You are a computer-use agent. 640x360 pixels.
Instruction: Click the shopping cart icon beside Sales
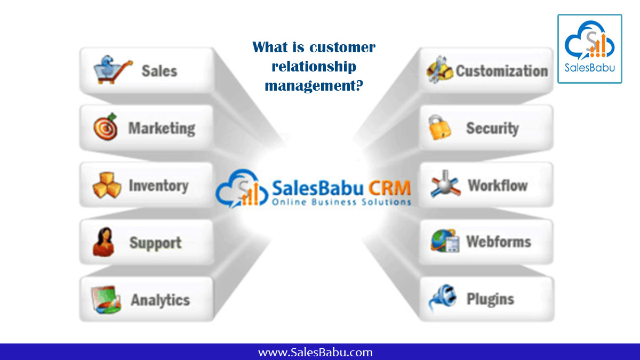pyautogui.click(x=111, y=70)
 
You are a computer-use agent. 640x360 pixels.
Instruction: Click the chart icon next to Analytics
pyautogui.click(x=104, y=299)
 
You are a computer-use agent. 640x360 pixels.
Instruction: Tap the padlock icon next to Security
pyautogui.click(x=440, y=127)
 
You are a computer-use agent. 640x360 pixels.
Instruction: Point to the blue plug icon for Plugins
pyautogui.click(x=442, y=298)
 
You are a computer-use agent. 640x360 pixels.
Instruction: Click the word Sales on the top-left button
pyautogui.click(x=159, y=71)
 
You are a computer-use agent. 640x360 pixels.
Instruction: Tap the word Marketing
pyautogui.click(x=162, y=128)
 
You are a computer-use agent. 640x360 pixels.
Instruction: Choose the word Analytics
pyautogui.click(x=160, y=300)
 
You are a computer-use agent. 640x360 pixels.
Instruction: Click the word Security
pyautogui.click(x=492, y=128)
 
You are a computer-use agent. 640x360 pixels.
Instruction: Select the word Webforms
pyautogui.click(x=499, y=242)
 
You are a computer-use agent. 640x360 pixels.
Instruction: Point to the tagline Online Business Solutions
pyautogui.click(x=341, y=202)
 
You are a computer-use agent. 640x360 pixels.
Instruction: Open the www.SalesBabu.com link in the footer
pyautogui.click(x=315, y=352)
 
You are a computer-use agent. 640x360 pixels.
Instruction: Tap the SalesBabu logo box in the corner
pyautogui.click(x=589, y=49)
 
